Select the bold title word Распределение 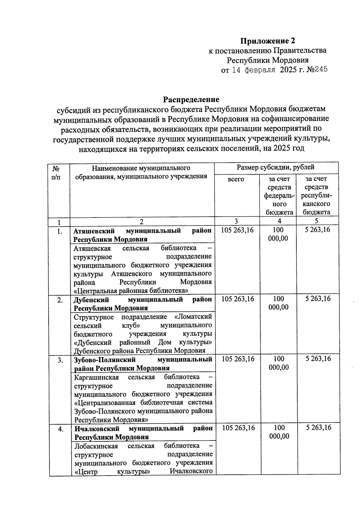point(191,99)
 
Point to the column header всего point(236,179)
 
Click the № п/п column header point(55,173)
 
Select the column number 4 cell point(279,221)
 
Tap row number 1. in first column point(60,231)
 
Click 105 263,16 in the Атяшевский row point(237,230)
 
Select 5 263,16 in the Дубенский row point(318,299)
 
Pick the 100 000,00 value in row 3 point(279,363)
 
